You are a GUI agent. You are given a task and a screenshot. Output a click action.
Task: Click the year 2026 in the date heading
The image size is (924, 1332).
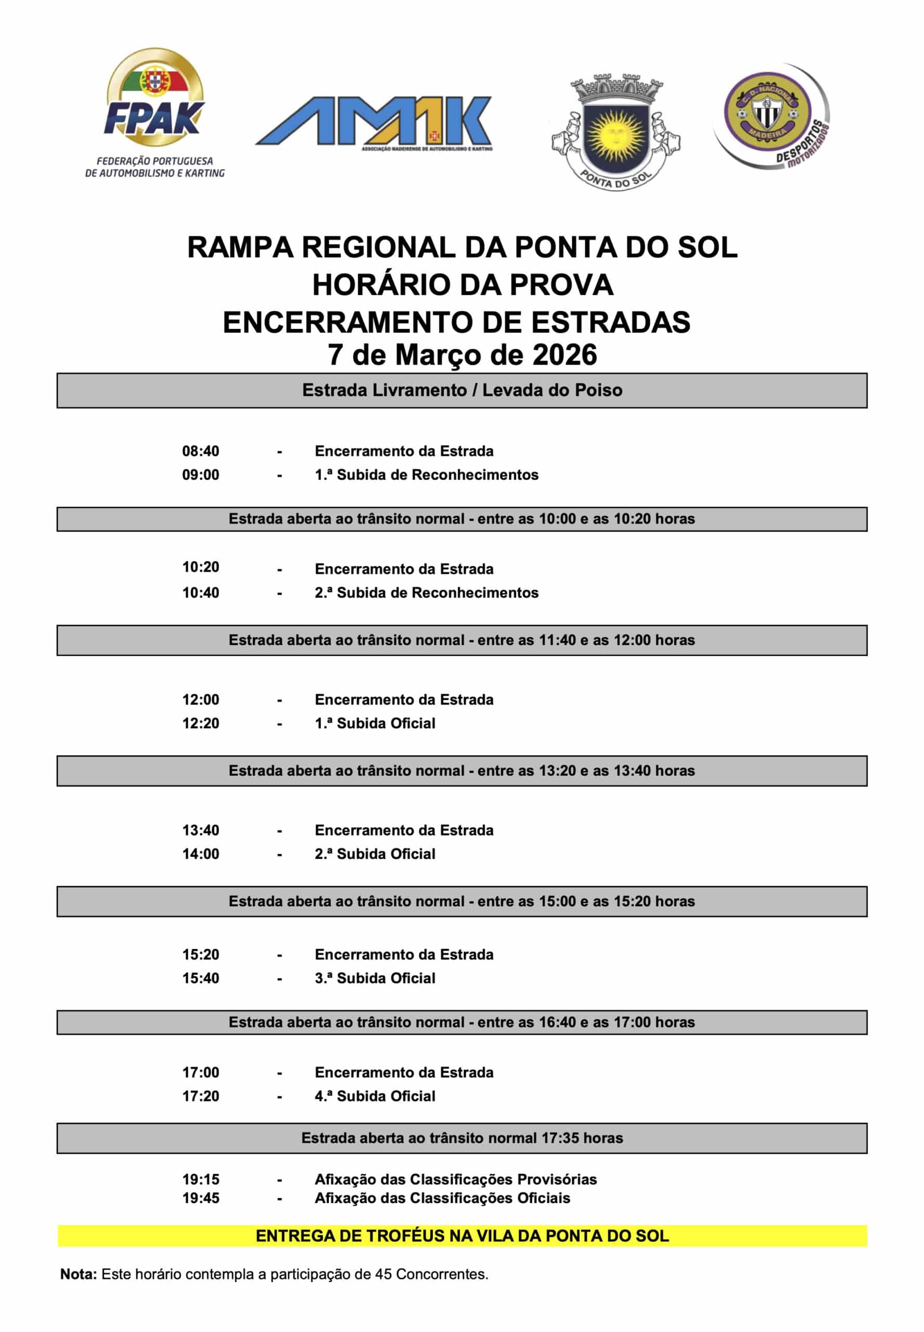click(x=564, y=355)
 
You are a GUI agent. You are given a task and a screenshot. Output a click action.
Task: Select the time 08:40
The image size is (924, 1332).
click(x=200, y=451)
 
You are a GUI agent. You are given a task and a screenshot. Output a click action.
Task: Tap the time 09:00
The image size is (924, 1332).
click(x=200, y=475)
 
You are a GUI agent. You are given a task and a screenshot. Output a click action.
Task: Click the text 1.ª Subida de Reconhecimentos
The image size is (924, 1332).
click(x=426, y=475)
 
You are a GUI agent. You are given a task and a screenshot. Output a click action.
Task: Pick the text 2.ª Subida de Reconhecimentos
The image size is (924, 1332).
click(x=426, y=593)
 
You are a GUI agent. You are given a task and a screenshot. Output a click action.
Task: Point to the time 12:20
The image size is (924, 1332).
click(x=200, y=723)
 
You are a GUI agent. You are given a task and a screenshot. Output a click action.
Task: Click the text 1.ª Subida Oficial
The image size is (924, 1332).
click(x=375, y=723)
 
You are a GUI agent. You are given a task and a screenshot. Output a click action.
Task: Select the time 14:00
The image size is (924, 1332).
click(x=200, y=854)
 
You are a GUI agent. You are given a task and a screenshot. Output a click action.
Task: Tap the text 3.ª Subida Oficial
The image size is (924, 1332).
click(x=375, y=978)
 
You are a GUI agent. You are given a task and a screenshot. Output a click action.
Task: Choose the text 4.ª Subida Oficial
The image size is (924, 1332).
click(x=375, y=1096)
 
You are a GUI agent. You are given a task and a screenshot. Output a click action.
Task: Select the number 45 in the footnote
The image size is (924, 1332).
click(x=383, y=1274)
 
